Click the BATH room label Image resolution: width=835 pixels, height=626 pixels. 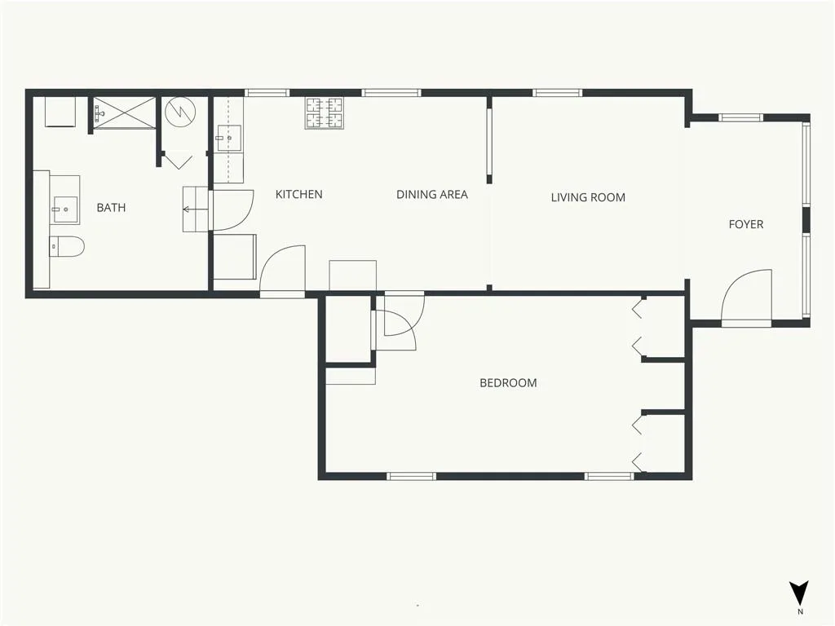(x=111, y=208)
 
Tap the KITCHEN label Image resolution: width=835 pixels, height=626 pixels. (x=298, y=194)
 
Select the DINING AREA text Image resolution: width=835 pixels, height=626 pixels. (x=432, y=195)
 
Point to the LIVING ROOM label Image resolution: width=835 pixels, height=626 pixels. (x=588, y=197)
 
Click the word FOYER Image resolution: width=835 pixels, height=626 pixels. (x=745, y=224)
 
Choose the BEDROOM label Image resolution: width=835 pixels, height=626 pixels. (x=508, y=383)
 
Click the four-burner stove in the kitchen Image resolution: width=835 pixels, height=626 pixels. (x=324, y=112)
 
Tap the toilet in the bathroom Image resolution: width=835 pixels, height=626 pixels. (x=67, y=246)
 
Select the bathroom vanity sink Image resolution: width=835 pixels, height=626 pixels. (x=65, y=209)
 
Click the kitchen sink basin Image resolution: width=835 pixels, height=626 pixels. (x=229, y=139)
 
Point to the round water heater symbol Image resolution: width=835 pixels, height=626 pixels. (x=180, y=112)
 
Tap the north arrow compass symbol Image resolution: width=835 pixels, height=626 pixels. (x=799, y=593)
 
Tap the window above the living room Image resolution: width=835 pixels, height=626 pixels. (x=558, y=93)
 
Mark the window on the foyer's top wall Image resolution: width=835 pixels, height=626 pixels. (x=740, y=117)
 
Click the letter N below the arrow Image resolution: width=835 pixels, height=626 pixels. (x=800, y=611)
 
